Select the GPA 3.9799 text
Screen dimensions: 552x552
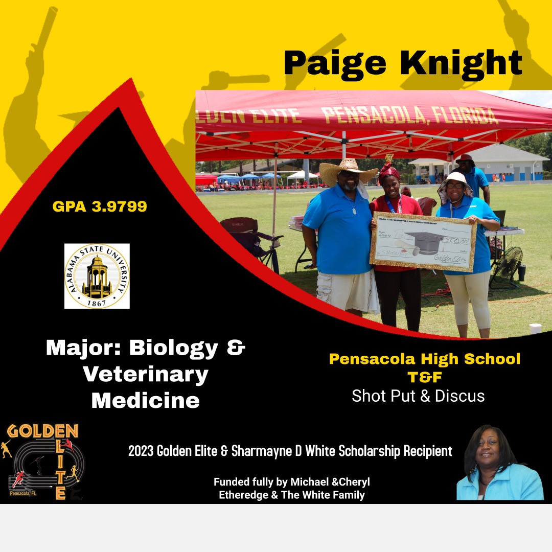100,206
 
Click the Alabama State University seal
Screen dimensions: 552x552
97,276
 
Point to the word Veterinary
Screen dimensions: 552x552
146,375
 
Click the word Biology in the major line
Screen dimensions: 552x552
174,349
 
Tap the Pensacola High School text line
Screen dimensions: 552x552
424,359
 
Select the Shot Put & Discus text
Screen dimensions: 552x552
418,396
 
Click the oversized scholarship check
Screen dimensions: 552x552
424,241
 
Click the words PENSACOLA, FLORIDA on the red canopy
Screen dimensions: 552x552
409,116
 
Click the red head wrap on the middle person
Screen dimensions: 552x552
388,172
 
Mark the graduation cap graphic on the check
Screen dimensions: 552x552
424,240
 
